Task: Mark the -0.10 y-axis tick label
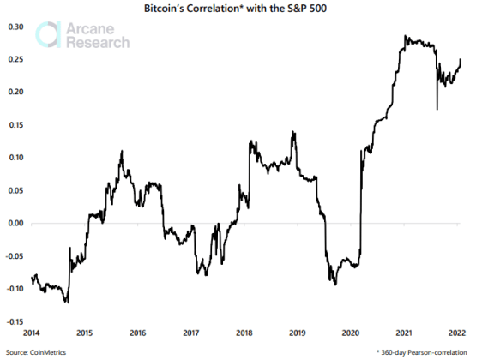(x=13, y=289)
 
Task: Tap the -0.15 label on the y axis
(x=13, y=321)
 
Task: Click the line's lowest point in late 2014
(x=67, y=303)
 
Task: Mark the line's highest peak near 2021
(x=405, y=37)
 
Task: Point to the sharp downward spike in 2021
(x=437, y=109)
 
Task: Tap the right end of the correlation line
(x=461, y=59)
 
